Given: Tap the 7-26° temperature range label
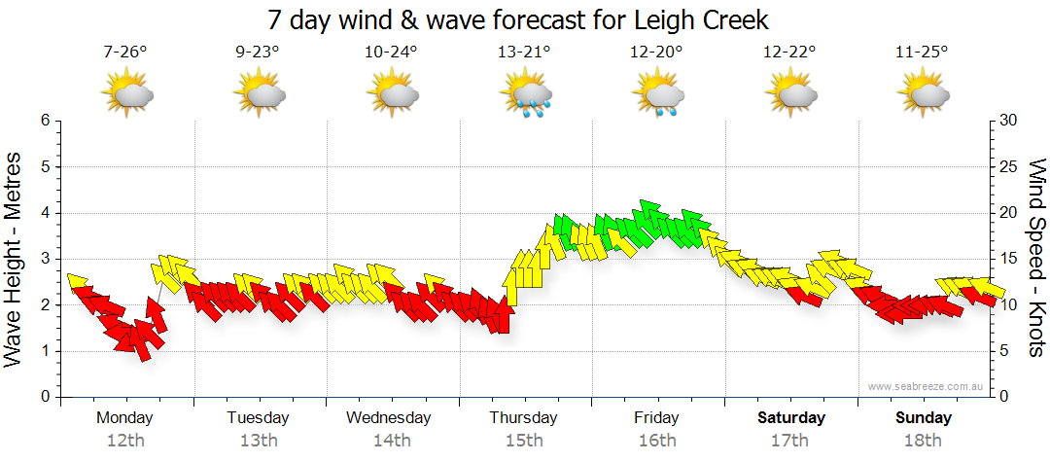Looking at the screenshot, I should coord(125,53).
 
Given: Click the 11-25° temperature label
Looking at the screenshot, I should coord(923,53).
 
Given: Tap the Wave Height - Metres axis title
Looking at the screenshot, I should coord(14,259).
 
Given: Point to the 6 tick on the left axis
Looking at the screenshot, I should coord(45,121).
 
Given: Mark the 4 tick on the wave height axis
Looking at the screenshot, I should coord(45,213).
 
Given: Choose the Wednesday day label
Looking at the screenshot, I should coord(389,418).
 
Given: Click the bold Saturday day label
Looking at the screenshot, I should coord(791,418).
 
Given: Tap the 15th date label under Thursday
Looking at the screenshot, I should coord(524,441).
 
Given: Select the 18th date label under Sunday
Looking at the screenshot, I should coord(923,441).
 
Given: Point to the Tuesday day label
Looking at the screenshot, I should coord(258,418).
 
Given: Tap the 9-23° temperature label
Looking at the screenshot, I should coord(259,53).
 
